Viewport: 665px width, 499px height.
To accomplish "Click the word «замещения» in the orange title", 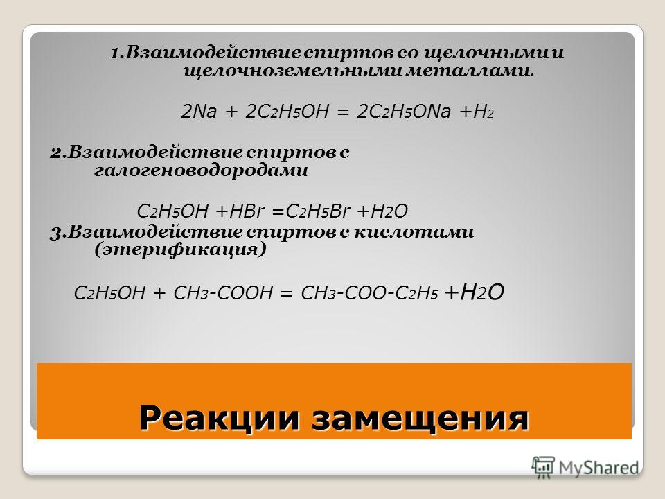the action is pos(420,419).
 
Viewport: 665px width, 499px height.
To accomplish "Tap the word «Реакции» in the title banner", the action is pos(220,418).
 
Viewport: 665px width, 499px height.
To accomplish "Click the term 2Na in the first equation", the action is pos(199,112).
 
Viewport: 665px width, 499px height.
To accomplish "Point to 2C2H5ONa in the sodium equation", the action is pos(404,112).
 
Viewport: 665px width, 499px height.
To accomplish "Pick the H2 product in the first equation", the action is pos(484,112).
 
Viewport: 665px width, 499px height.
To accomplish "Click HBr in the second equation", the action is pos(247,211).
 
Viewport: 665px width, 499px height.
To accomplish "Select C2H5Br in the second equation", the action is pos(318,211).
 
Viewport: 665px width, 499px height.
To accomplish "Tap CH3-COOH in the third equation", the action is pos(223,292).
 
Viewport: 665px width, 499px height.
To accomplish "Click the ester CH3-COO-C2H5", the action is pos(369,292).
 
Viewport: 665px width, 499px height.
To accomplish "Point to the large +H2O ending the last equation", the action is pos(474,292).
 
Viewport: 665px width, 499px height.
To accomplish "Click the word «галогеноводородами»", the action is pos(201,170).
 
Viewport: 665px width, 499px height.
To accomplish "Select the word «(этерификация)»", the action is pos(180,249).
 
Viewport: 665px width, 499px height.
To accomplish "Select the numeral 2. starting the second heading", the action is pos(57,152).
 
